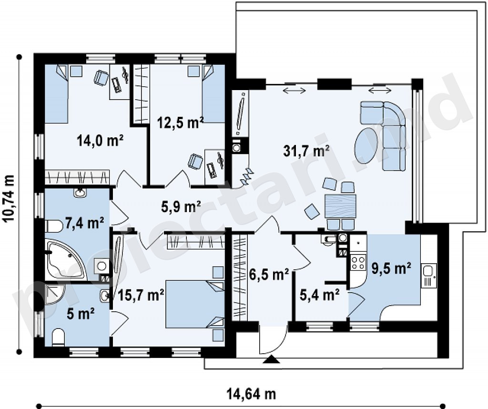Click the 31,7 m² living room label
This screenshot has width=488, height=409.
click(x=306, y=151)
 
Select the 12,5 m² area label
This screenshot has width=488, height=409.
click(x=181, y=123)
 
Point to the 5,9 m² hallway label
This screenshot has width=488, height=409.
click(x=181, y=206)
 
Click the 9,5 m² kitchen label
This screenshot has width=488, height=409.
click(x=392, y=268)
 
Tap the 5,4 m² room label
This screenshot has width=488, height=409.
click(x=319, y=295)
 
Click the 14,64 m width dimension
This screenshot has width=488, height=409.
click(x=251, y=394)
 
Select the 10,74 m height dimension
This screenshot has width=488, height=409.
click(x=10, y=199)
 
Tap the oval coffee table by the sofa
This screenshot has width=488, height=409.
click(x=366, y=146)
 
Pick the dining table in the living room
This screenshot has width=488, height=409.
click(x=340, y=206)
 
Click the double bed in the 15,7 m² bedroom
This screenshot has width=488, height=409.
click(x=195, y=304)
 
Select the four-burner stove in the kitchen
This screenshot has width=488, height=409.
click(x=357, y=263)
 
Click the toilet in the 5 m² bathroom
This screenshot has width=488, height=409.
click(x=58, y=337)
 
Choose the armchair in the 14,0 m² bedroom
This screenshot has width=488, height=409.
click(x=101, y=77)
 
